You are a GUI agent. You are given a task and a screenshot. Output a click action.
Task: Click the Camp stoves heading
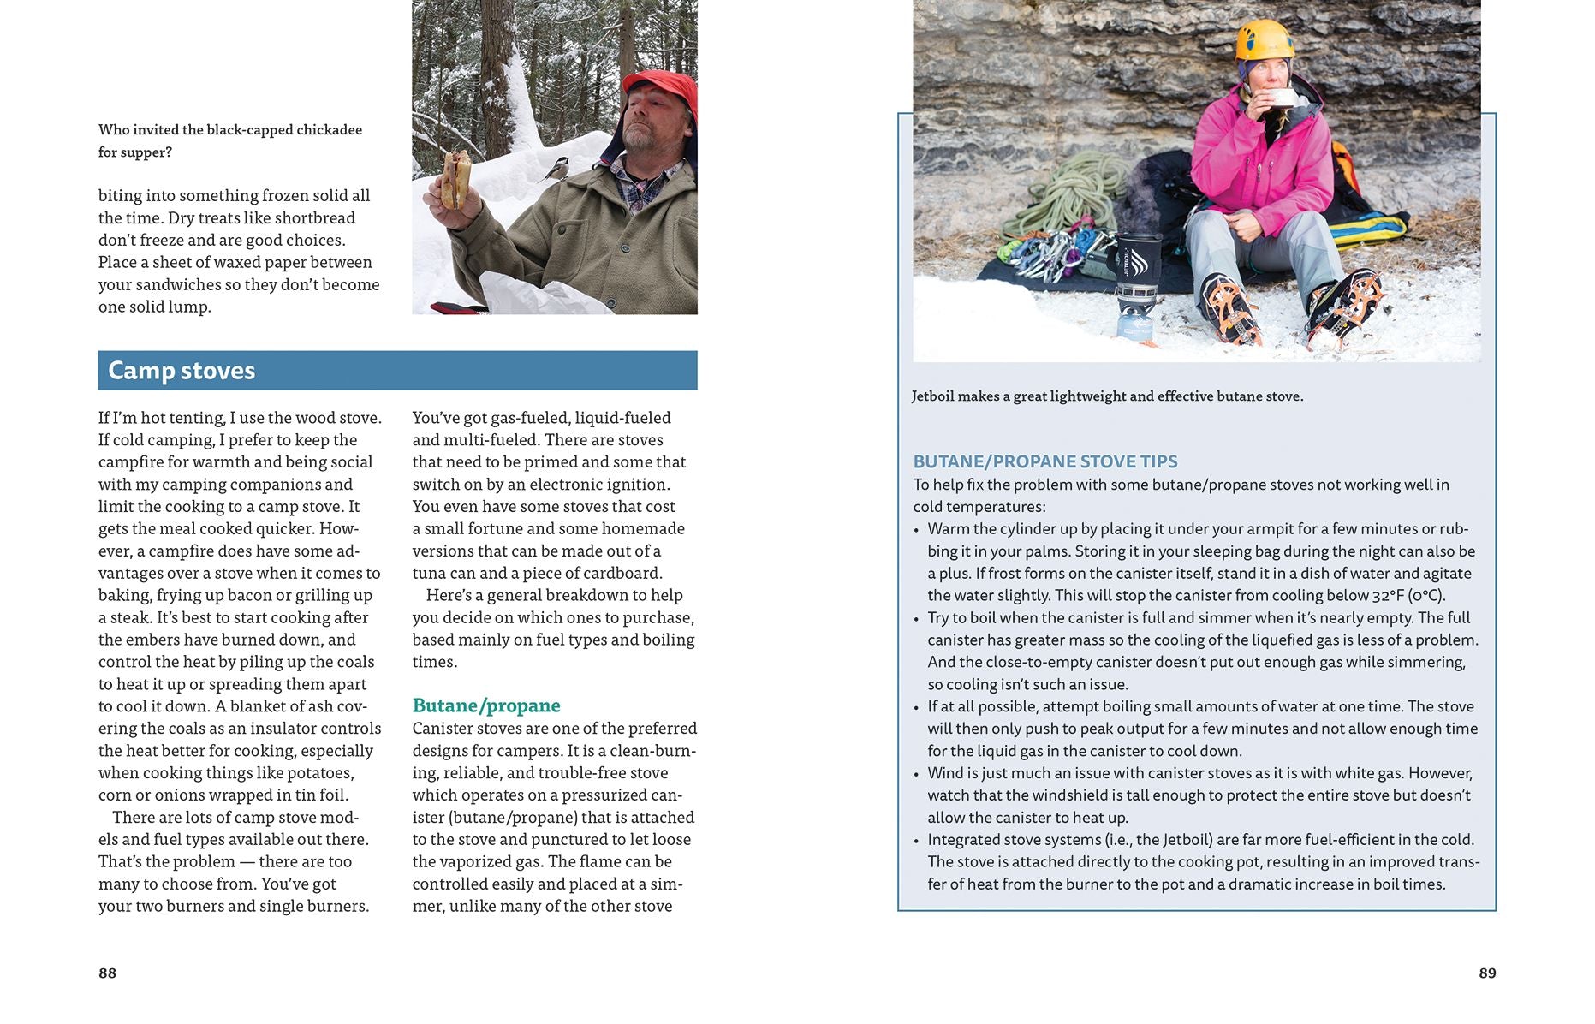coord(182,371)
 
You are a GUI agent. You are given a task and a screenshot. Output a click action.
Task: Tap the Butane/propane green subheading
coord(485,705)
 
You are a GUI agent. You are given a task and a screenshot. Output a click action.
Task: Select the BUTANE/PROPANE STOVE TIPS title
coord(1044,461)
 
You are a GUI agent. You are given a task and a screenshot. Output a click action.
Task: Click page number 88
coord(107,973)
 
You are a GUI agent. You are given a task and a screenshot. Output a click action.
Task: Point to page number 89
coord(1487,973)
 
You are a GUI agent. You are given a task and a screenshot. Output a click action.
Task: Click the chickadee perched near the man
coord(556,170)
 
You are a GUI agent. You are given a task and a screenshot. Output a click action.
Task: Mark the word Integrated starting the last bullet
coord(967,840)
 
